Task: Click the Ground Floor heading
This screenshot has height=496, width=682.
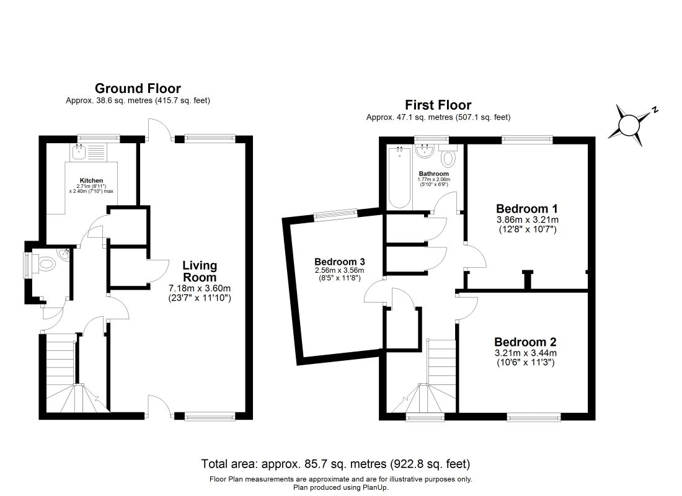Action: click(138, 88)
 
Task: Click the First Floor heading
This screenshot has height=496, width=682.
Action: click(438, 105)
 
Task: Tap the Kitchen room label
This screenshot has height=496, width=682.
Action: click(91, 180)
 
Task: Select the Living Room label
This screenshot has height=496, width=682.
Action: click(200, 271)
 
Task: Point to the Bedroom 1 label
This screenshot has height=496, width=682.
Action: click(527, 208)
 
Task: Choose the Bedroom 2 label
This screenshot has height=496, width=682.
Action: click(525, 342)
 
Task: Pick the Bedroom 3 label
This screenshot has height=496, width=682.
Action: click(340, 262)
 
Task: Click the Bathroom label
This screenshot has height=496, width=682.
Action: click(433, 174)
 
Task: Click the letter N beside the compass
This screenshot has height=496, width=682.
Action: click(655, 109)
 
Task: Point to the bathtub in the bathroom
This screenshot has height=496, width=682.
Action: click(399, 177)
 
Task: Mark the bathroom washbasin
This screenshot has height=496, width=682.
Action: click(423, 151)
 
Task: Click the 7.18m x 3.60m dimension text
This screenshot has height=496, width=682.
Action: click(200, 288)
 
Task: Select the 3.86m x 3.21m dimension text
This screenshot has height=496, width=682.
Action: click(528, 219)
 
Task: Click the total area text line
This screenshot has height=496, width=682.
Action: click(335, 464)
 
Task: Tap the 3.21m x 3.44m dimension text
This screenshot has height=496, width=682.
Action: click(526, 353)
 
